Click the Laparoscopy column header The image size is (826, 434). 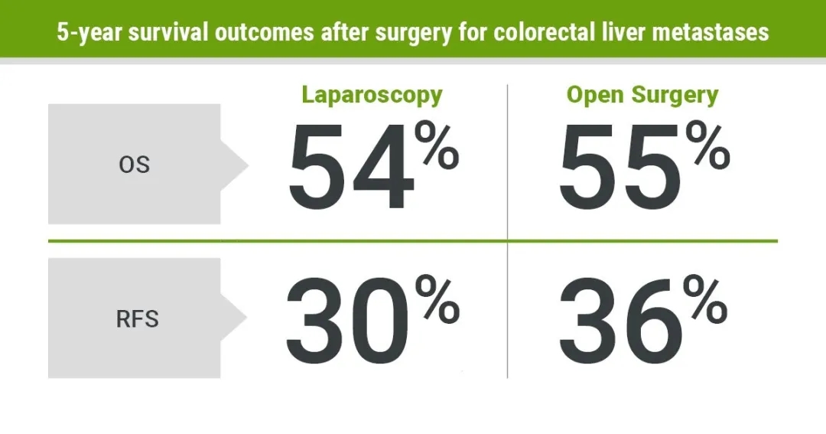[x=372, y=95]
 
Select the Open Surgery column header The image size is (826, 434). [x=642, y=95]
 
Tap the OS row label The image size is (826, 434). [x=134, y=165]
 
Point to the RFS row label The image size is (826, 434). [x=138, y=318]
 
